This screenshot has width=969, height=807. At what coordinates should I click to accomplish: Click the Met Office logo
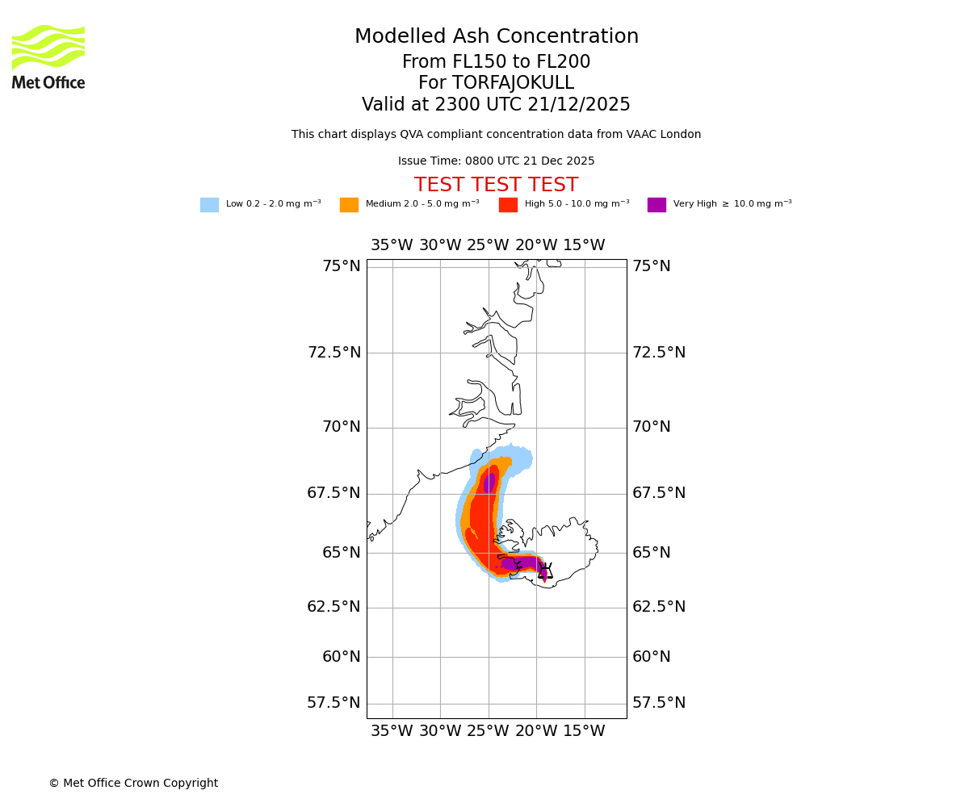(x=48, y=56)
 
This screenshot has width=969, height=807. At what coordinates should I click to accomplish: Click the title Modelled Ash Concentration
(x=496, y=37)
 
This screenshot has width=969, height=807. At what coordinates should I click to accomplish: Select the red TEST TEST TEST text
(x=496, y=186)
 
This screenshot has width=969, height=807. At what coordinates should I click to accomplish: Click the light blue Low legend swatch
(x=209, y=205)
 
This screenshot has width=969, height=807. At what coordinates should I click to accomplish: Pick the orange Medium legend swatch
(x=349, y=205)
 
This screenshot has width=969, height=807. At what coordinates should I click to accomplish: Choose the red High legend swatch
(x=508, y=205)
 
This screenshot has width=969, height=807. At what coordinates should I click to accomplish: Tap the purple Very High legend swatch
(x=656, y=205)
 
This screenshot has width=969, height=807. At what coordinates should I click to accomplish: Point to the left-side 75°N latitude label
(x=341, y=266)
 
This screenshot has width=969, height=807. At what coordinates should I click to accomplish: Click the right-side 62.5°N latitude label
(x=659, y=607)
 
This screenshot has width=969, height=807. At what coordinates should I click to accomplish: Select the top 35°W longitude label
(x=392, y=245)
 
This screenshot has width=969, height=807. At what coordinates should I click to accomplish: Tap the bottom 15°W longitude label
(x=584, y=731)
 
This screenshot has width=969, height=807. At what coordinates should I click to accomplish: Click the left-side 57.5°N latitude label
(x=333, y=703)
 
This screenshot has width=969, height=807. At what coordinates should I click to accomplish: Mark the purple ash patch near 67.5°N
(x=489, y=483)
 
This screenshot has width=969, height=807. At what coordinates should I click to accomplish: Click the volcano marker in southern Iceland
(x=545, y=571)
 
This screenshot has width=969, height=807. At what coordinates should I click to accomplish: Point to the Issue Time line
(x=496, y=161)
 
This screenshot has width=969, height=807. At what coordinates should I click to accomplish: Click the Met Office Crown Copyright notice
(x=133, y=783)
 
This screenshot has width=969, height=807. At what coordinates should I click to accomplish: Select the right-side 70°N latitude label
(x=651, y=427)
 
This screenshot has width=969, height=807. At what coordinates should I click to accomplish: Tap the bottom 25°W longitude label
(x=488, y=731)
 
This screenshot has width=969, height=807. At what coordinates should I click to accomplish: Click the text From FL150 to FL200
(x=496, y=62)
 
